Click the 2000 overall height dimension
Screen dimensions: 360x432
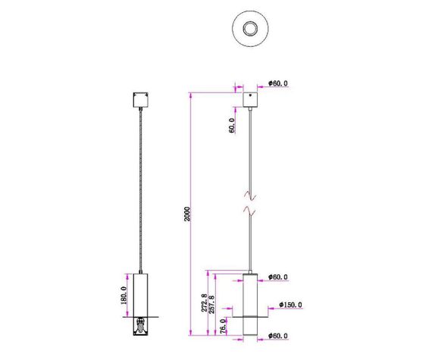click(186, 214)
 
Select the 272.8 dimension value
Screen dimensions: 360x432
click(204, 302)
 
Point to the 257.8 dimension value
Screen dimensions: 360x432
click(212, 302)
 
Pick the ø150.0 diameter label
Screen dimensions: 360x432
click(290, 305)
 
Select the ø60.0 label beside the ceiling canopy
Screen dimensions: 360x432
click(279, 85)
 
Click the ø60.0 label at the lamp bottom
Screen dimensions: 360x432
click(279, 335)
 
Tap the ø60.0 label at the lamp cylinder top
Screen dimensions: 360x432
click(279, 277)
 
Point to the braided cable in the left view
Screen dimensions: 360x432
click(140, 189)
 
